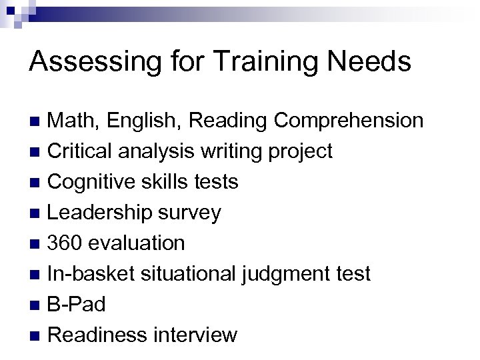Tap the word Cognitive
click(x=91, y=182)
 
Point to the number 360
click(x=65, y=243)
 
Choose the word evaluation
click(x=137, y=243)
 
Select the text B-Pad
click(x=77, y=305)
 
